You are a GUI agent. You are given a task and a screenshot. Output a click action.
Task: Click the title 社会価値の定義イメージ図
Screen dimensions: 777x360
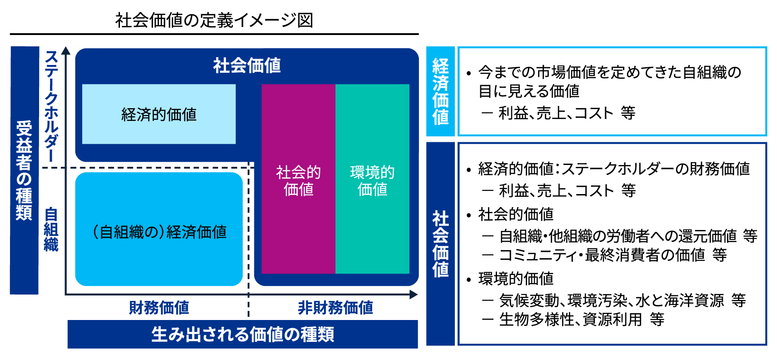214,20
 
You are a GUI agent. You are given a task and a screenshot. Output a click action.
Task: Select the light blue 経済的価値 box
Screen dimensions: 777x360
159,114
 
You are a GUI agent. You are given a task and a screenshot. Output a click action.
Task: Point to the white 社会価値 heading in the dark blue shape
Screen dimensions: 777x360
247,65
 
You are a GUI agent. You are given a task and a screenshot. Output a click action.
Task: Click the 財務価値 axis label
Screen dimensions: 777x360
159,308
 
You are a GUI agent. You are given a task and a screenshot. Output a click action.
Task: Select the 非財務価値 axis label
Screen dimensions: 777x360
335,308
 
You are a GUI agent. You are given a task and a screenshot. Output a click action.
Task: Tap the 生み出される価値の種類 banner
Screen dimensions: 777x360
243,335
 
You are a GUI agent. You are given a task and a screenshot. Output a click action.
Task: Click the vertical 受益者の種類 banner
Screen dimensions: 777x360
24,170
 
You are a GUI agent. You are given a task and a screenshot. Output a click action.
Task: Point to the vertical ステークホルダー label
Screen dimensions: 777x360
51,105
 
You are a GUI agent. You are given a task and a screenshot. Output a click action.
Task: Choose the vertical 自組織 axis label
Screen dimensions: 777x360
51,229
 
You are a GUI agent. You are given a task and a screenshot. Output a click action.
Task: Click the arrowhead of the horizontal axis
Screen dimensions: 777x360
413,295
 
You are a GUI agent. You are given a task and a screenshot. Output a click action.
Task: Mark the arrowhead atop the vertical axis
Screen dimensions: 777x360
66,50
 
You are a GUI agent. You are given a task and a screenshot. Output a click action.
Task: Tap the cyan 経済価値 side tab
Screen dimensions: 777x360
440,91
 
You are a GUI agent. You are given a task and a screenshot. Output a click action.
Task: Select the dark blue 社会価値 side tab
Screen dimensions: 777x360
440,244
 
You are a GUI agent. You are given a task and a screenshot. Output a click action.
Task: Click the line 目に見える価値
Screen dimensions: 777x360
529,91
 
